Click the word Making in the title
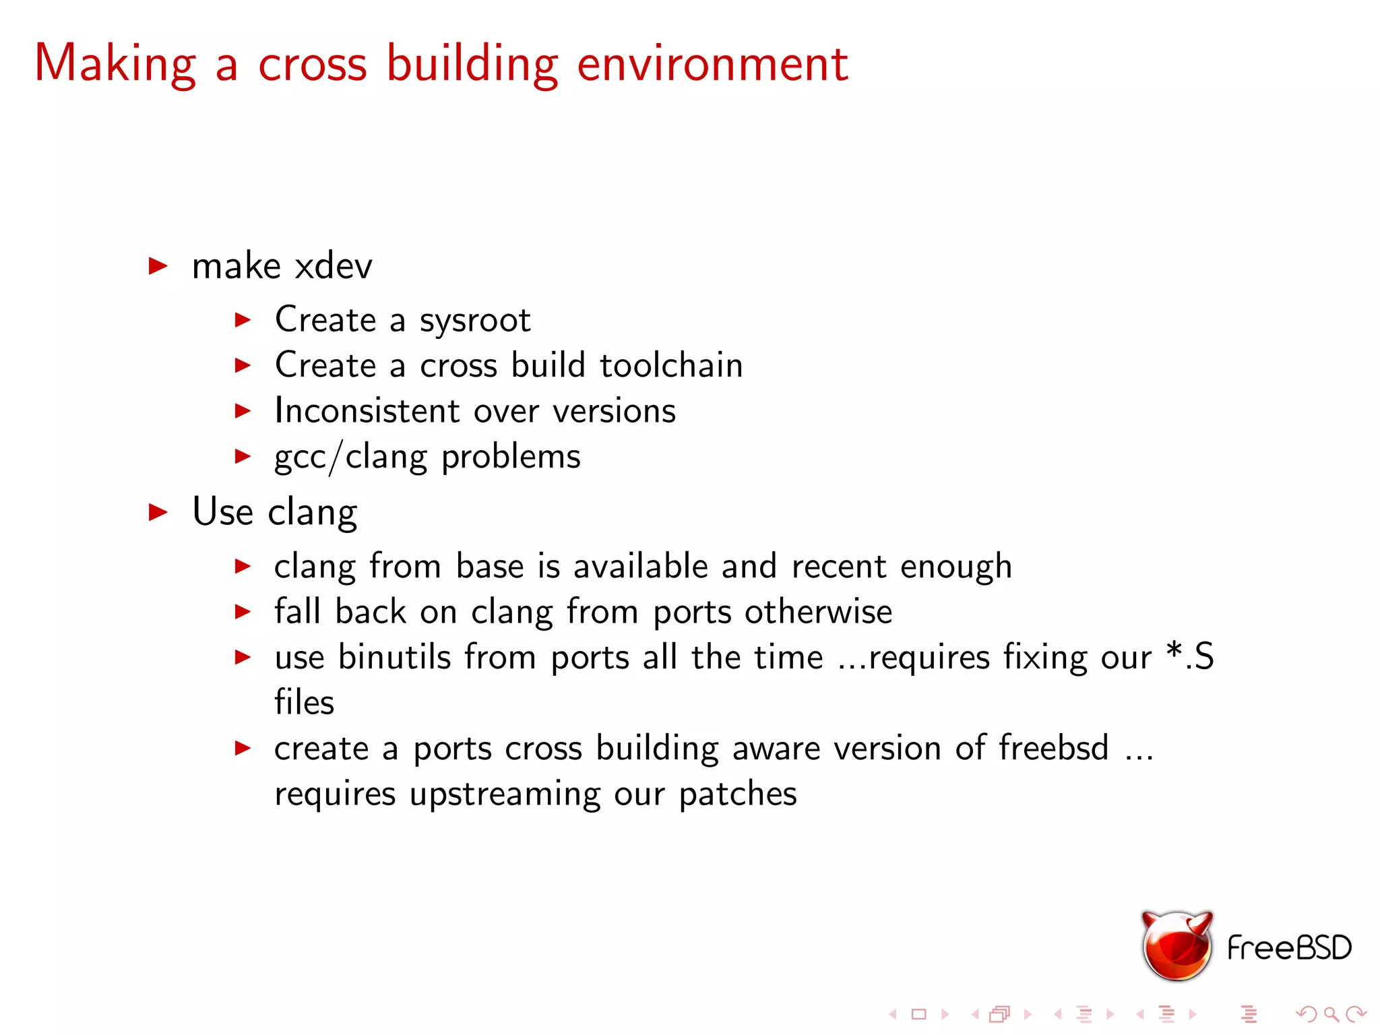point(115,64)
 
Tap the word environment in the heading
point(712,64)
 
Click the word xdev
point(334,265)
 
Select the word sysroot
point(475,321)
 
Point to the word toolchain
point(671,365)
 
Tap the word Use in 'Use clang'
point(222,511)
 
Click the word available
point(640,566)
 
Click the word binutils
point(394,657)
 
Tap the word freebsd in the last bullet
point(1053,748)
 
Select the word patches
point(738,794)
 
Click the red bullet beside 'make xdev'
point(158,266)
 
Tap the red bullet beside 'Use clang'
point(158,512)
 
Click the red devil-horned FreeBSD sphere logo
point(1177,945)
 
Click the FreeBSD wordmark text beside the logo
point(1289,948)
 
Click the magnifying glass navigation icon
point(1331,1014)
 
